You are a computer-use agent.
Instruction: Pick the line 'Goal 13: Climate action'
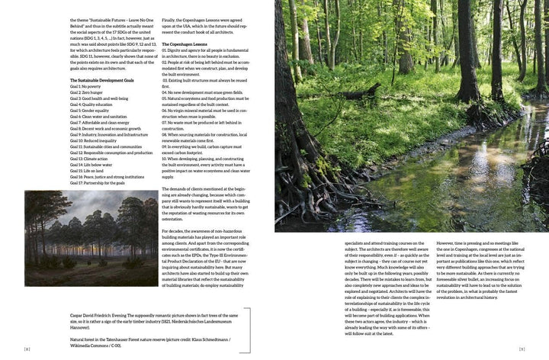click(x=91, y=158)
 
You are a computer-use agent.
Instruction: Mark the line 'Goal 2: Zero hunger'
click(x=85, y=92)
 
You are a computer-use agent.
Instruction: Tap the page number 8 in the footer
click(x=26, y=349)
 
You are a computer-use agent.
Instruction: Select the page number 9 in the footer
click(x=522, y=349)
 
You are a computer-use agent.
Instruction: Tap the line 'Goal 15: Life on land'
click(x=88, y=170)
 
